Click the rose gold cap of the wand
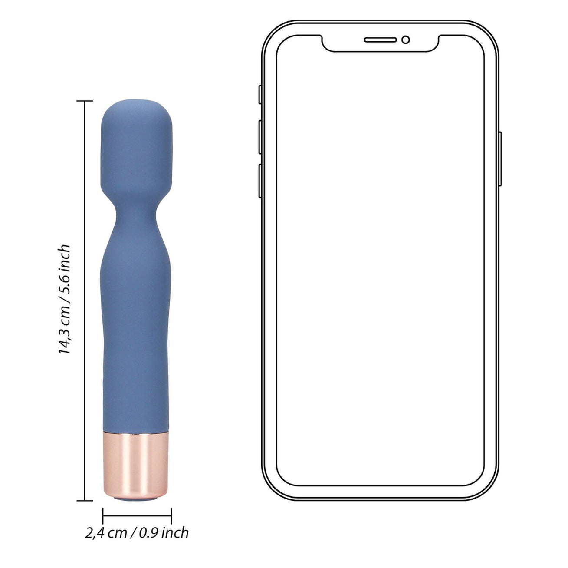click(x=136, y=463)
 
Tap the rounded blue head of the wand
click(x=136, y=148)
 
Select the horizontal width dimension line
click(x=137, y=516)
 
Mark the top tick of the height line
click(x=85, y=101)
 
